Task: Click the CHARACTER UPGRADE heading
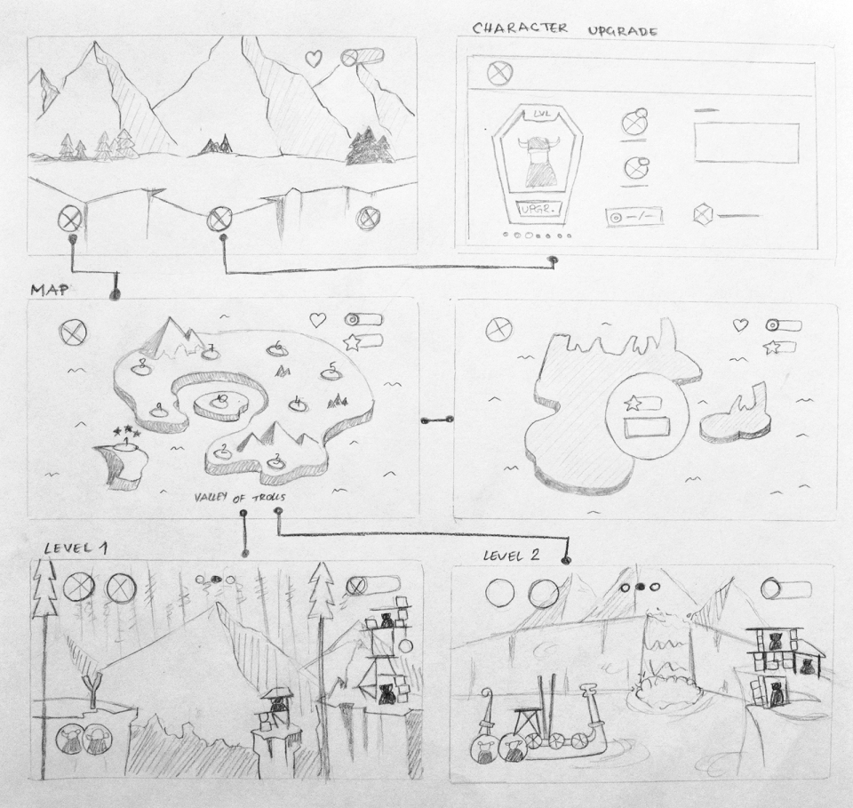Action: click(565, 28)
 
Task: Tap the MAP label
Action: click(50, 290)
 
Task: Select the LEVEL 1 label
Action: click(75, 548)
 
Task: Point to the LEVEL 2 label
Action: click(512, 556)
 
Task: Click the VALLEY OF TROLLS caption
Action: click(240, 497)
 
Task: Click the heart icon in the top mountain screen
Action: click(314, 58)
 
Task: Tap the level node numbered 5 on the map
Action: click(331, 371)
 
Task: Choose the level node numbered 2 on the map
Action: click(222, 452)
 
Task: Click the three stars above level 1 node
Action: click(127, 433)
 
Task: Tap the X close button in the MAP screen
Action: click(74, 332)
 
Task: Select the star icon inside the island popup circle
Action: click(633, 404)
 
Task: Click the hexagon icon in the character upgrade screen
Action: click(704, 214)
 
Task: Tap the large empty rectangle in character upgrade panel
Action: click(746, 143)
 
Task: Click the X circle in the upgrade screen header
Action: click(500, 73)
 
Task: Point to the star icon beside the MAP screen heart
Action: click(352, 343)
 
